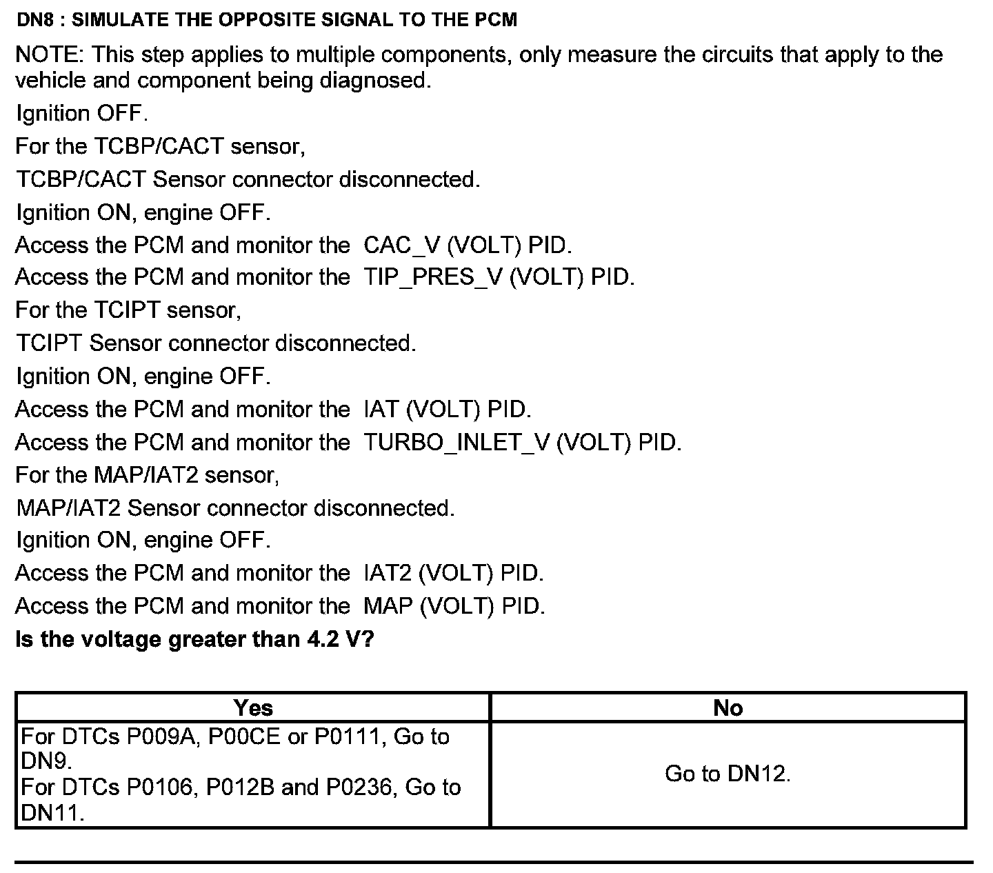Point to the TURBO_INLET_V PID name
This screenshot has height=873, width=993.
tap(456, 442)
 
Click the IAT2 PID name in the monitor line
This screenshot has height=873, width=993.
tap(387, 573)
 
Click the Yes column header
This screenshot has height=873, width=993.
tap(253, 708)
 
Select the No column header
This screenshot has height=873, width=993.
tap(728, 708)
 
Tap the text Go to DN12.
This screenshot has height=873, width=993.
tap(728, 774)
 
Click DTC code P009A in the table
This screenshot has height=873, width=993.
tap(160, 736)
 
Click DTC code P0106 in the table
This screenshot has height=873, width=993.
tap(160, 787)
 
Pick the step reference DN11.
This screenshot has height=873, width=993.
tap(50, 812)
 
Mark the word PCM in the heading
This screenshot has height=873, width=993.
tap(496, 20)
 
